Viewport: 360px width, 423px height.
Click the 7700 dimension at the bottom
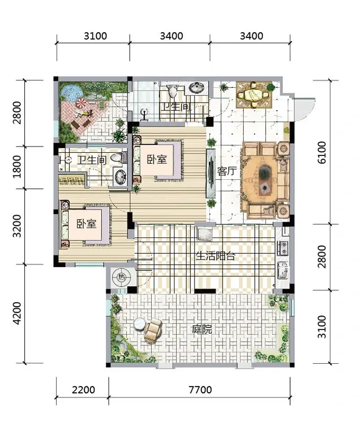(200, 390)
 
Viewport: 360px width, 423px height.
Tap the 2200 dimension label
(84, 390)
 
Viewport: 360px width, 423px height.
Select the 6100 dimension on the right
(322, 152)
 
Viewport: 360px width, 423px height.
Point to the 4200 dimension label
(17, 313)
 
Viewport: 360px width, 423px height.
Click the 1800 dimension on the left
(17, 167)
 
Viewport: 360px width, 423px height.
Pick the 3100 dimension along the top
(95, 36)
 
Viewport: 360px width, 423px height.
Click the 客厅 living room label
(226, 171)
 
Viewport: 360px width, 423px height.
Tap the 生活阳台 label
(215, 255)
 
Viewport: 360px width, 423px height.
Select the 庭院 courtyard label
(202, 329)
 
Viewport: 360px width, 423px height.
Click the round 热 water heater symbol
(122, 277)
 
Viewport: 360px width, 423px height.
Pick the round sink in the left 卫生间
(121, 177)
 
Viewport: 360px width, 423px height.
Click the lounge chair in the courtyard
(153, 329)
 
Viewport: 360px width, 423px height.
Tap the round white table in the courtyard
(140, 324)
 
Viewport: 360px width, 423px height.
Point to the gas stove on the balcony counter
(283, 248)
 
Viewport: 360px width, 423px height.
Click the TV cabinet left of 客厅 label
(210, 173)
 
